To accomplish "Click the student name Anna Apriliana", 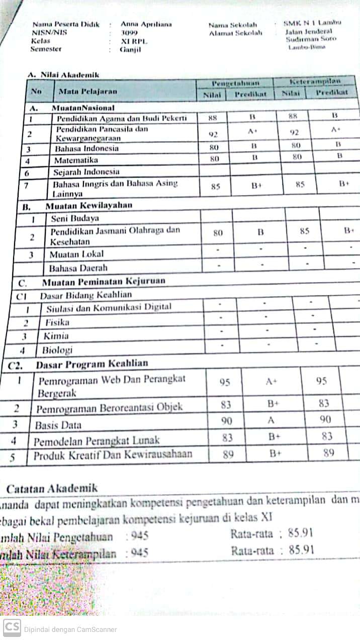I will point(146,24).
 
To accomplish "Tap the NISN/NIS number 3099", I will point(129,33).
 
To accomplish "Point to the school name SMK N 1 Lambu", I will point(312,23).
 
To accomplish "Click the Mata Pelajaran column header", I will point(87,92).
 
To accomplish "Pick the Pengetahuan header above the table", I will point(235,83).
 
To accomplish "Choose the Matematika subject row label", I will point(76,161).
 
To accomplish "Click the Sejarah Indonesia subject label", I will point(86,172).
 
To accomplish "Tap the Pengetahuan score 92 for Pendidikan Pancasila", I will point(213,134).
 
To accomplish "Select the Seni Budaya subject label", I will point(74,218).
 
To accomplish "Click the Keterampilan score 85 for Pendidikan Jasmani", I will point(304,232).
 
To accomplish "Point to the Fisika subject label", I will point(57,323).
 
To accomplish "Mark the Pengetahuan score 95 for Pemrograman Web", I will point(225,382).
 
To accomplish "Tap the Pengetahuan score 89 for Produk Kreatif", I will point(228,454).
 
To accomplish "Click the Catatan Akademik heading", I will point(52,488).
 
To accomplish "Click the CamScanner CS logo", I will point(12,627).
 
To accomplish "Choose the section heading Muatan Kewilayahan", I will point(88,205).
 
